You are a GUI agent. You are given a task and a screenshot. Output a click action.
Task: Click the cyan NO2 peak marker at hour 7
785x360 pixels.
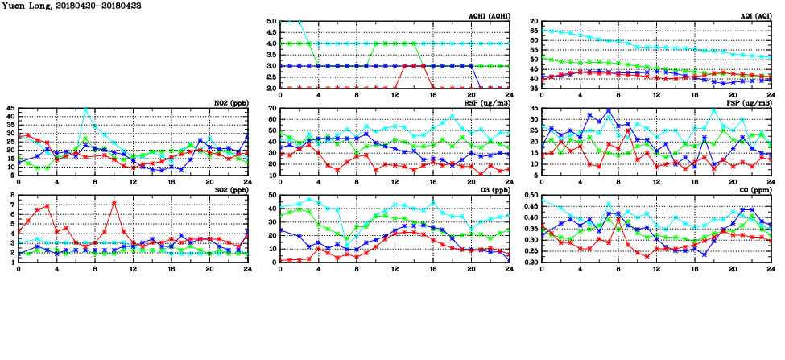coord(85,109)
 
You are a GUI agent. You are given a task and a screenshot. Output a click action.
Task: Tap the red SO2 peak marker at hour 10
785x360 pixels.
coord(114,202)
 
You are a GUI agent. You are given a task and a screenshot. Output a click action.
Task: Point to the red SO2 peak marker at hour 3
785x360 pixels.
coord(48,206)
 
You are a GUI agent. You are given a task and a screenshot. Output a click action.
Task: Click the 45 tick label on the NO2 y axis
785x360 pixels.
coord(10,108)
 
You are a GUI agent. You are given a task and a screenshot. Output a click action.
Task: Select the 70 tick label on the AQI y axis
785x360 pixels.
coord(533,21)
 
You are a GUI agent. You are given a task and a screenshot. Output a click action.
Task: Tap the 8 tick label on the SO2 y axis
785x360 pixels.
coord(13,195)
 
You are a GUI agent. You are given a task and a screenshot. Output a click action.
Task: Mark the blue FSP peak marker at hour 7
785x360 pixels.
coord(609,110)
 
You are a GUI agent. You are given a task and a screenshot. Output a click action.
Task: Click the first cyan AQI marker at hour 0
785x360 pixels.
coord(542,31)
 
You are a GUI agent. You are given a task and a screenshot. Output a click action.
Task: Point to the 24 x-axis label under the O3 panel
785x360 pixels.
coord(509,268)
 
